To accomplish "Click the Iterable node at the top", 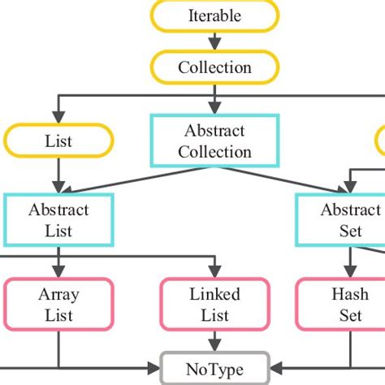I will (x=214, y=16).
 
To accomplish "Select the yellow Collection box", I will (x=214, y=67).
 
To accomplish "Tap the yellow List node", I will (x=58, y=141).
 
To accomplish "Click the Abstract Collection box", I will (x=214, y=141).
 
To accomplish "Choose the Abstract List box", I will (x=58, y=220).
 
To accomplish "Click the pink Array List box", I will (x=58, y=303).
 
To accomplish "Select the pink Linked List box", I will (x=214, y=303).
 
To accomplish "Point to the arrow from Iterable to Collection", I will (x=214, y=41).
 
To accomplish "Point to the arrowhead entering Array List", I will (x=58, y=273).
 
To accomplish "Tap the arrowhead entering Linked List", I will (x=214, y=273).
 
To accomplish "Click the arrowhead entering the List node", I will (x=58, y=119).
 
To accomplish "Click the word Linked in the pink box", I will (x=214, y=293).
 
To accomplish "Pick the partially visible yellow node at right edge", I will (x=380, y=141).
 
